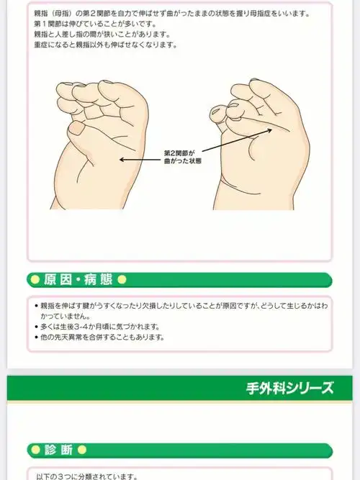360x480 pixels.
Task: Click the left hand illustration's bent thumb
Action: [77, 130]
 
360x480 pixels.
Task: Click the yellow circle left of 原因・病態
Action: [33, 279]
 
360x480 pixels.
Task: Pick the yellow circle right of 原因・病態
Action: [122, 279]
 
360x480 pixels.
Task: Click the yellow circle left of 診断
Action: [33, 450]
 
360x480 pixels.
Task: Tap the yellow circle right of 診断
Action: [82, 450]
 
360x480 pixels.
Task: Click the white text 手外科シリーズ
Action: [289, 389]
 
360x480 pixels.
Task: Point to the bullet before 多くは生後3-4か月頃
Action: [37, 327]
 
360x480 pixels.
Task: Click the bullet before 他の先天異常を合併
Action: [37, 337]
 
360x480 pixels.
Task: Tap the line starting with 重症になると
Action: [104, 45]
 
